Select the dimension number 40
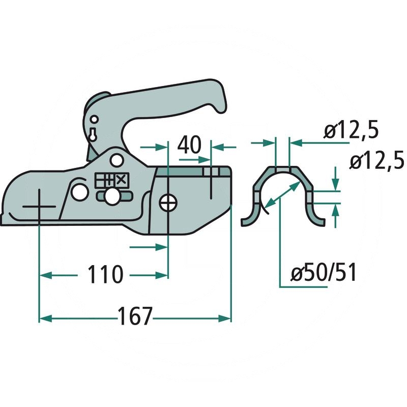[189, 146]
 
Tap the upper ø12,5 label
[352, 131]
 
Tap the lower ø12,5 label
[377, 161]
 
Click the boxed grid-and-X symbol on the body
[111, 180]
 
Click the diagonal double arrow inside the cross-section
[281, 195]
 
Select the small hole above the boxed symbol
[117, 160]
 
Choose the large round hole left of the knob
[79, 192]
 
